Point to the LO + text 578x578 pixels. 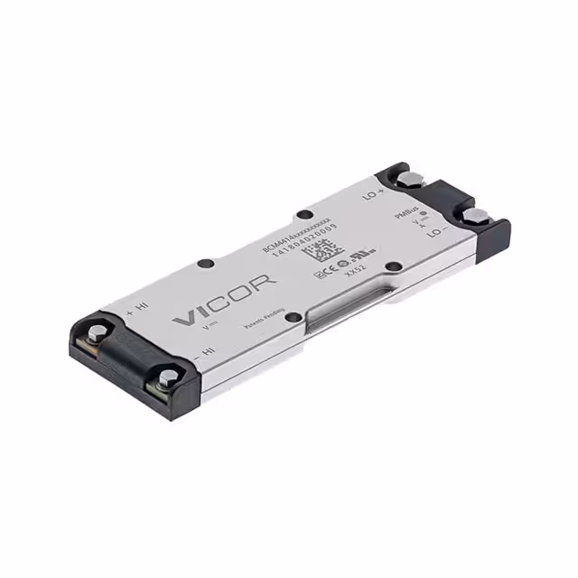[374, 192]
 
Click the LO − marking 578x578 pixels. [438, 232]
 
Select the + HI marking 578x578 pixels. [137, 307]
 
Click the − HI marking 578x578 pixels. [204, 349]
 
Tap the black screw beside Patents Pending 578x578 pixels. [291, 316]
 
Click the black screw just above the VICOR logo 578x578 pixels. [205, 264]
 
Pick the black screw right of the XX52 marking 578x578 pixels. [394, 266]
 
